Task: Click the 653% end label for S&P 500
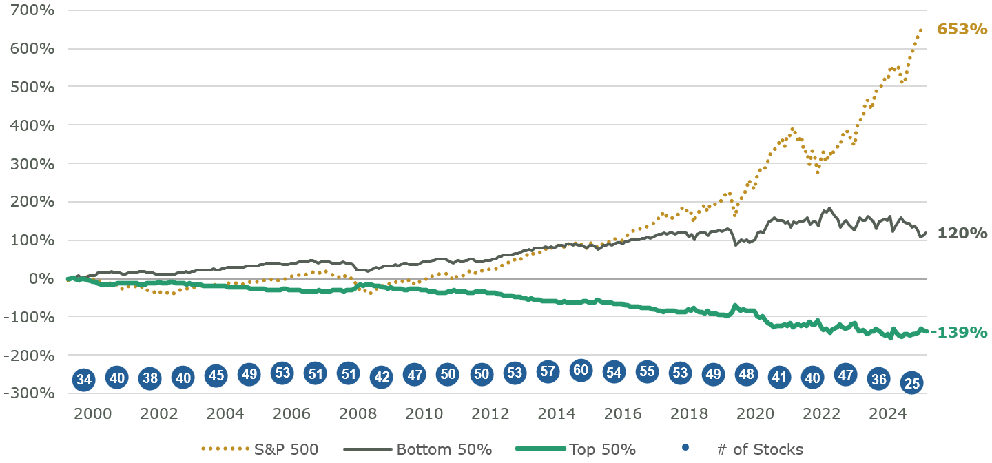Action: coord(962,30)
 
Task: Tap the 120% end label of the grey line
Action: coord(962,234)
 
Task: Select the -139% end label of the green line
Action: coord(959,332)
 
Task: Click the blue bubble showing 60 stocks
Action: coord(581,370)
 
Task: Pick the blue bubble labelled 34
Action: coord(84,380)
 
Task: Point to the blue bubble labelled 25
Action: coord(911,383)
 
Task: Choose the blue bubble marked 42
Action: coord(381,377)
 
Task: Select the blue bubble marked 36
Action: coord(878,380)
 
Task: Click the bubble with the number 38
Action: coord(150,378)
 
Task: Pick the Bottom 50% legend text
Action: coord(444,450)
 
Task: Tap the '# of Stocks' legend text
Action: coord(759,450)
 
